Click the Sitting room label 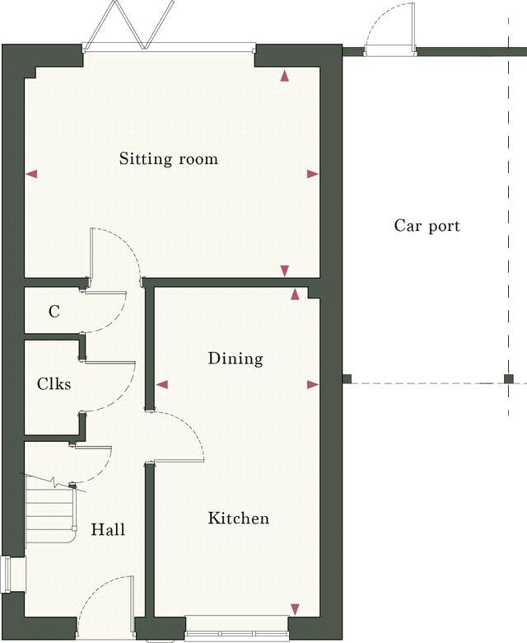click(x=169, y=158)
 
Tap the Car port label click(x=427, y=226)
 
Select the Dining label click(x=236, y=359)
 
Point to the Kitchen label click(x=238, y=519)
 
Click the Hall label click(x=108, y=529)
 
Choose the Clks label click(x=54, y=384)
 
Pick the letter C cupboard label click(x=54, y=312)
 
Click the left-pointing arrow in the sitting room click(x=32, y=174)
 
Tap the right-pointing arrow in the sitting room click(x=312, y=174)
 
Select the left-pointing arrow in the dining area click(x=162, y=384)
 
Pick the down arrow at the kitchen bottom click(x=295, y=609)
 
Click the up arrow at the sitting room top click(x=285, y=77)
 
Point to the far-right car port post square click(x=509, y=379)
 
